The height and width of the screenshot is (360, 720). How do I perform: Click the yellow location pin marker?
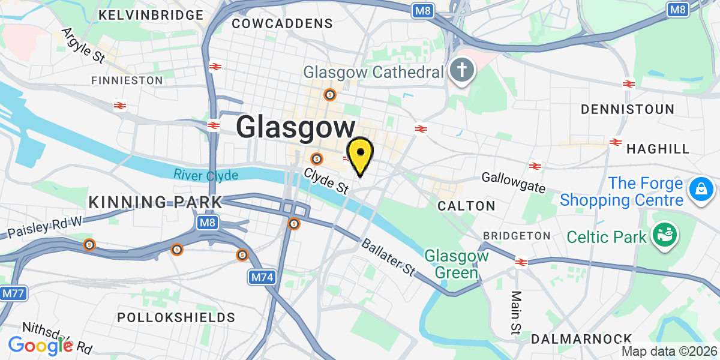coord(360,155)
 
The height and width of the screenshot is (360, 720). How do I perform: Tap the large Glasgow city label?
coord(296,128)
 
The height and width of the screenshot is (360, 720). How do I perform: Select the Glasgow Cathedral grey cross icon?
coord(462,71)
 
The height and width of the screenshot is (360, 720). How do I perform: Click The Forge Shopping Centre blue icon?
coord(700,190)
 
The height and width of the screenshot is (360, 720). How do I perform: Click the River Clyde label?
coord(206,175)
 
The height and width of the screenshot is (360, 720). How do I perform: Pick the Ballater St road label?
coord(388,257)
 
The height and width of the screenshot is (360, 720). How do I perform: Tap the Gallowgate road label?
coord(514,182)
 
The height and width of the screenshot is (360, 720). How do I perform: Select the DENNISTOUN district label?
coord(628,109)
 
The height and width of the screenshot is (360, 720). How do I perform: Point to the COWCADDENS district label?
coord(282,23)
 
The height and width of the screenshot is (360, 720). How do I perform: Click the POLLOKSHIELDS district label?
coord(176,317)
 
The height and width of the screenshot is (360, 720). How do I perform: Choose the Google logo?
coord(40,346)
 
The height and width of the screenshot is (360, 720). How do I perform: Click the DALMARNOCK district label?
coord(581,339)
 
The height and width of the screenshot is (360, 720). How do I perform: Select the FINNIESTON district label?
coord(127,80)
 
